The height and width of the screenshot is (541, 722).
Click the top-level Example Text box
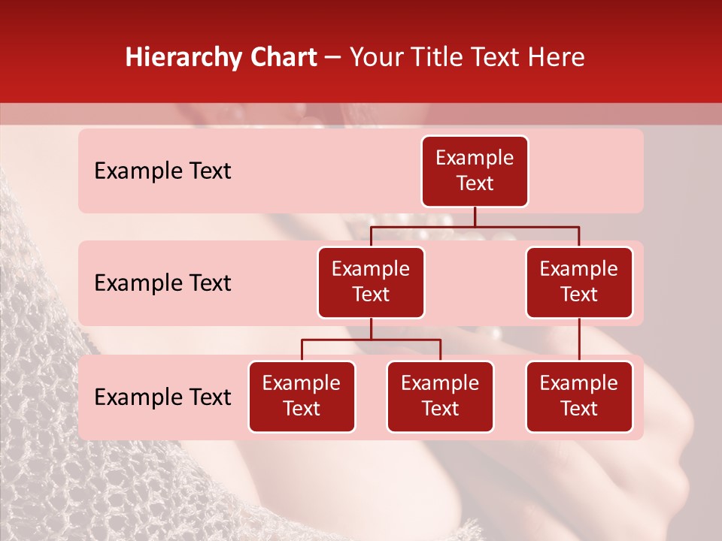click(475, 171)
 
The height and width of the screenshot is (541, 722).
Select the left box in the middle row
click(371, 282)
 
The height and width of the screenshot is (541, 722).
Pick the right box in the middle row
click(579, 282)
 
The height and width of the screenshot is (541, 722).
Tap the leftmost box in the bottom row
click(302, 396)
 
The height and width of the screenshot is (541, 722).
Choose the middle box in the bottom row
click(440, 396)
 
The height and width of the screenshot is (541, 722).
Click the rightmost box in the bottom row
click(579, 396)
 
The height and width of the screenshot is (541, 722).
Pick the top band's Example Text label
click(162, 171)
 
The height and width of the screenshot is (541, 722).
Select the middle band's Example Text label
click(162, 283)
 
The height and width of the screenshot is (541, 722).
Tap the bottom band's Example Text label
click(162, 397)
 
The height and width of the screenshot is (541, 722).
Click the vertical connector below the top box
click(475, 216)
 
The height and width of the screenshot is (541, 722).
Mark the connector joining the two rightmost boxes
click(579, 340)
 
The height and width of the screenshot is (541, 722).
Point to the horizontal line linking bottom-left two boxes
click(371, 340)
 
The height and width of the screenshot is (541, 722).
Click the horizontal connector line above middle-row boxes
click(475, 226)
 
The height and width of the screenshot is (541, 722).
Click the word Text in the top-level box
click(475, 183)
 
